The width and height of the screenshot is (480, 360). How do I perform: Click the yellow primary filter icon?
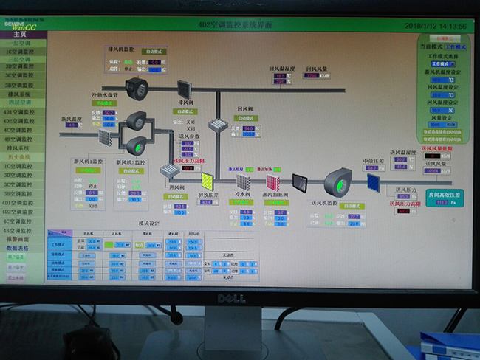pyautogui.click(x=206, y=181)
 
